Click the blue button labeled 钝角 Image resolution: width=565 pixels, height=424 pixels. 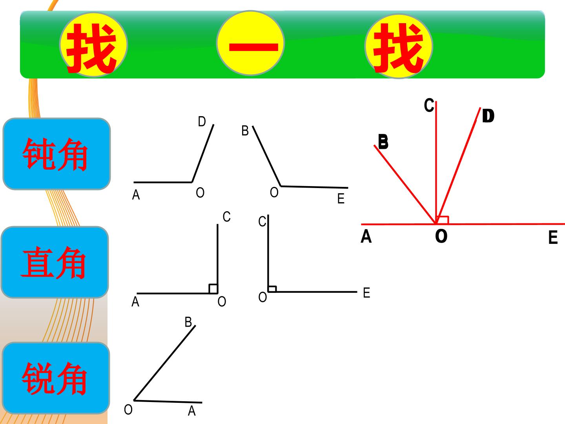(56, 154)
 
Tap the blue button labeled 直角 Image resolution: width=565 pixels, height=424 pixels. (55, 262)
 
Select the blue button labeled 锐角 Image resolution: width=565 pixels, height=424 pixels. (56, 378)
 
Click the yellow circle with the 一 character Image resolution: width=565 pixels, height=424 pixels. (250, 43)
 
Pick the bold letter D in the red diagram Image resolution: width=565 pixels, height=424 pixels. (488, 115)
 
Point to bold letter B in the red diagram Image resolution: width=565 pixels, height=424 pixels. (383, 142)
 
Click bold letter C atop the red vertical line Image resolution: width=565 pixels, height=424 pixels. (429, 105)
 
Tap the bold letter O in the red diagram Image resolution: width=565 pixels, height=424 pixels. (441, 236)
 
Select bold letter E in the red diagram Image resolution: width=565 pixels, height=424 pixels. (553, 237)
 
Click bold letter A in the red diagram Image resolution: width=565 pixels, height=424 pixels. (366, 236)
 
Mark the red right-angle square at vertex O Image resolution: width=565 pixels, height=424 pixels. (443, 220)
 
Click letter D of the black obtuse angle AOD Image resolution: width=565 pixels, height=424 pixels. (202, 121)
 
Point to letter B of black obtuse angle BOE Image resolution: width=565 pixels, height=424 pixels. (245, 130)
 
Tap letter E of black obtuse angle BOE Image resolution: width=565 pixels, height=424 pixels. (341, 199)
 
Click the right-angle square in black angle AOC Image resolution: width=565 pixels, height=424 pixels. (213, 289)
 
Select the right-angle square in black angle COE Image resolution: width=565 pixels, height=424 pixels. (272, 289)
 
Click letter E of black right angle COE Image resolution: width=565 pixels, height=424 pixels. (366, 293)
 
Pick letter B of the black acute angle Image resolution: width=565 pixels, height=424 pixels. (188, 322)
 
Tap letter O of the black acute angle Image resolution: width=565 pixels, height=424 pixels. (128, 409)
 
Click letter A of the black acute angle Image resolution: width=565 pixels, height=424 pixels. (192, 411)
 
